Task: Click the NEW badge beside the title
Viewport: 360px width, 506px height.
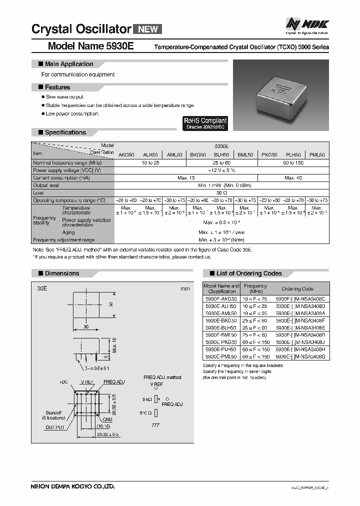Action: (147, 29)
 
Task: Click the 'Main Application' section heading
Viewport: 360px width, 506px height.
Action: (68, 64)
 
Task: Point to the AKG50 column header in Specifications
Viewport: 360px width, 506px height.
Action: (126, 155)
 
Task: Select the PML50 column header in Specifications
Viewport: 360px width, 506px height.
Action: (316, 155)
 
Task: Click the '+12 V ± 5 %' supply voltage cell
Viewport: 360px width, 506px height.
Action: (221, 170)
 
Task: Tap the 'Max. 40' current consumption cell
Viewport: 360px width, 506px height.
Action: (293, 177)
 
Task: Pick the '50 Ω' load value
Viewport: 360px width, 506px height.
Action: (221, 192)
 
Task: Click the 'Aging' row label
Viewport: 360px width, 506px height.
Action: (68, 232)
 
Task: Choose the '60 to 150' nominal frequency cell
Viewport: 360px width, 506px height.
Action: (293, 163)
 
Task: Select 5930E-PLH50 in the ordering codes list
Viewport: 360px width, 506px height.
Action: (221, 349)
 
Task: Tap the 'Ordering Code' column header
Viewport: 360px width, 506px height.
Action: (297, 288)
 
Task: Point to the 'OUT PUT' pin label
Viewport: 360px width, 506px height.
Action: (56, 427)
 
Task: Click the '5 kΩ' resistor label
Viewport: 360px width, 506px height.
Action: (148, 399)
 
